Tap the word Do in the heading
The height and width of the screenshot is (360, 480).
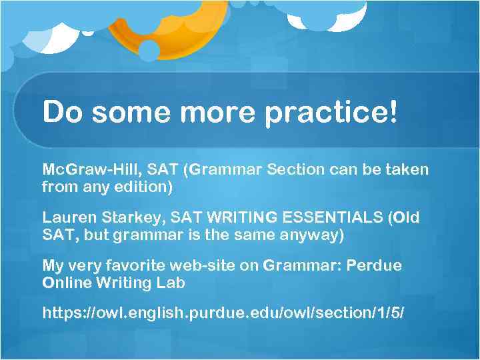[63, 111]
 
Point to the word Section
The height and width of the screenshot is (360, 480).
[297, 169]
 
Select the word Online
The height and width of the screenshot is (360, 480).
[66, 283]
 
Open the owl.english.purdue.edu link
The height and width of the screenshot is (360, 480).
[223, 313]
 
